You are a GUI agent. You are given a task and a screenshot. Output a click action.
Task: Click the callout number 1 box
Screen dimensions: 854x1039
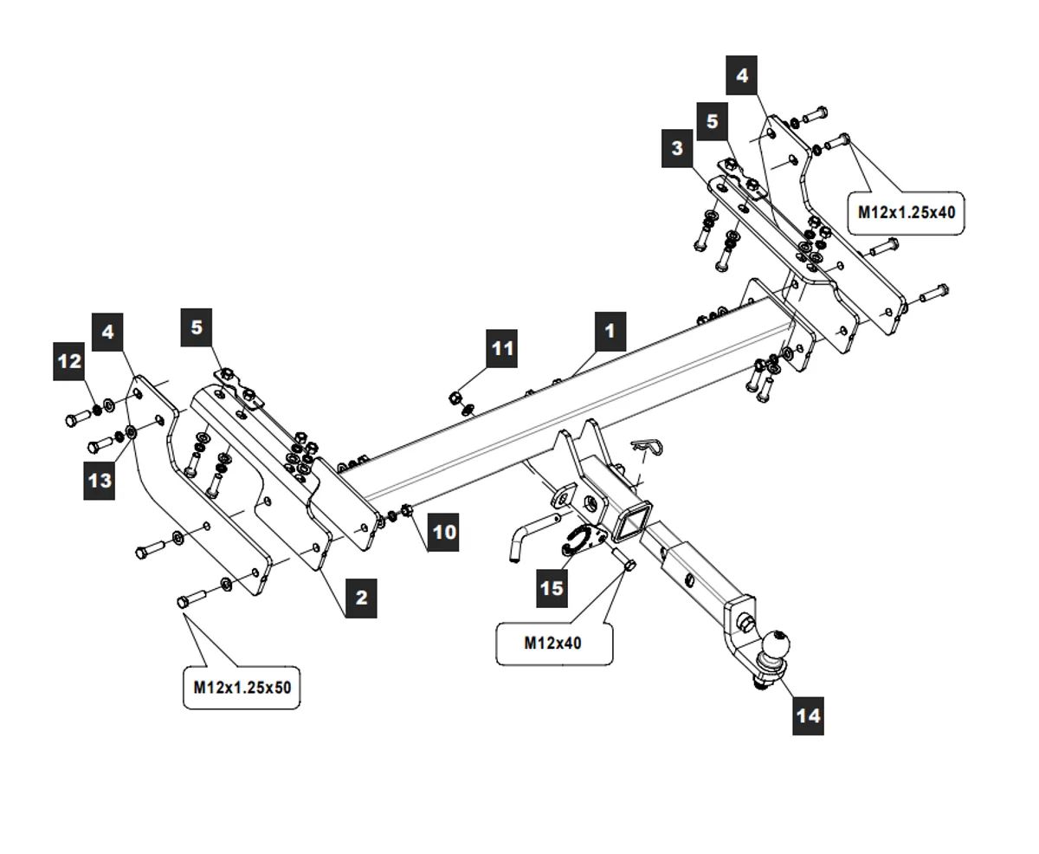[x=610, y=331]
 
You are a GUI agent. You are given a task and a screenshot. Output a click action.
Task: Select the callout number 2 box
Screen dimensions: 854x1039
[x=361, y=597]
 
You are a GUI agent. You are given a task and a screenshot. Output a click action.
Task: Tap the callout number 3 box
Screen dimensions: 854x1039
[x=677, y=148]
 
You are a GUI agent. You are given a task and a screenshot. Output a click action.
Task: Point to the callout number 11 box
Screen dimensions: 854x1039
[x=501, y=348]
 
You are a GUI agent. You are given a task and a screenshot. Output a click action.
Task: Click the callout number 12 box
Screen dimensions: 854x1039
[x=69, y=360]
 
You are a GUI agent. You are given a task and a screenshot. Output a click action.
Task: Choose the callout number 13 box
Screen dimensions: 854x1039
[x=100, y=479]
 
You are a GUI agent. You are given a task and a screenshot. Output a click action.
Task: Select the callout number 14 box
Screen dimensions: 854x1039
[x=807, y=715]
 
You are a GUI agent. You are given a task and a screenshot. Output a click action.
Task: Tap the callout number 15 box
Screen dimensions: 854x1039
[x=552, y=588]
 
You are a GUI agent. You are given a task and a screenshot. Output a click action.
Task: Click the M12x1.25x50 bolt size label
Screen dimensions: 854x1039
[x=242, y=688]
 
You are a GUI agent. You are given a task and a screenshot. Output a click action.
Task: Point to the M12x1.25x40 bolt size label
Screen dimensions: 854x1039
[x=907, y=211]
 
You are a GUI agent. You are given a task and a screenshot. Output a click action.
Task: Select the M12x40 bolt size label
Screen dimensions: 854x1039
[x=553, y=644]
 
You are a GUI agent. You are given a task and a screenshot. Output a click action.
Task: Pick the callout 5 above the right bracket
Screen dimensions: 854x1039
[x=712, y=121]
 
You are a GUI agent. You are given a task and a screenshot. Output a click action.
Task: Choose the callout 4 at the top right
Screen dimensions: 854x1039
[x=742, y=75]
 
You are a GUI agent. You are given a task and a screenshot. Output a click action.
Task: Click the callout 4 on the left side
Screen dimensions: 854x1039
[x=107, y=332]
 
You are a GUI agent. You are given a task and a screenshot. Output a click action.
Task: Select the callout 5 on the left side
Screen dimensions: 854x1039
[x=197, y=327]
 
